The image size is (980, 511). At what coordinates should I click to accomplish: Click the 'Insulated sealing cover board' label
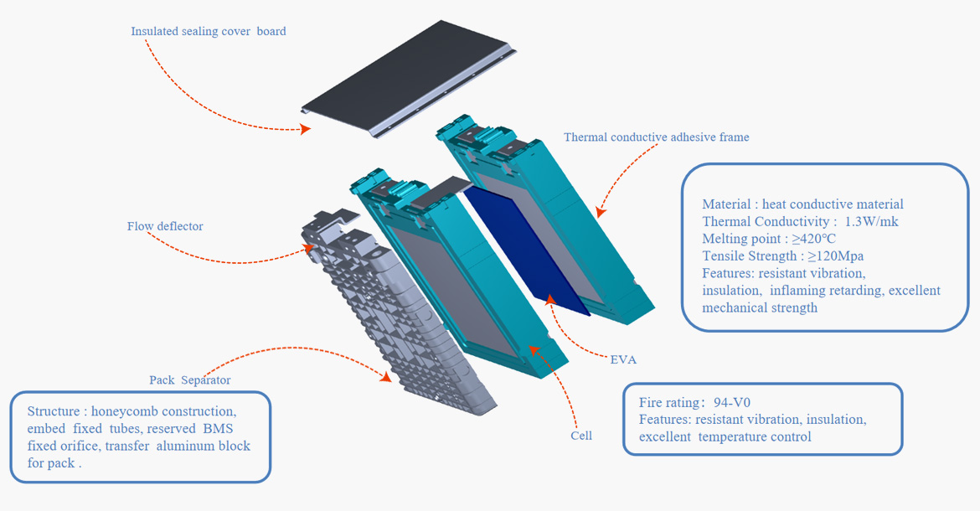[208, 32]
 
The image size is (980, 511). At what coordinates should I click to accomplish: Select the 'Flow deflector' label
[165, 226]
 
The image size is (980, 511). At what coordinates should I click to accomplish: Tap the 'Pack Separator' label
[189, 380]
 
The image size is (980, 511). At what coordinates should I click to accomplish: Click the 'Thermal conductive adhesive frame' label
[656, 137]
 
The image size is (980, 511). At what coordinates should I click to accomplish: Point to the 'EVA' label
[623, 360]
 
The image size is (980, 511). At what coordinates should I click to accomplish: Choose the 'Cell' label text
[581, 436]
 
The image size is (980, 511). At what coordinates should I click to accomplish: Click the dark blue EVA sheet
[528, 251]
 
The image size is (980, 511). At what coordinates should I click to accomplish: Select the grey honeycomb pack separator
[394, 327]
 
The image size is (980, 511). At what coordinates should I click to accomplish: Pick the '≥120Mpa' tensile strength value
[835, 256]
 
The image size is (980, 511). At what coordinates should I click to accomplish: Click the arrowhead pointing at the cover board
[306, 129]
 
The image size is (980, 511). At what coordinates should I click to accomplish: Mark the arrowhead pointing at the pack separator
[385, 377]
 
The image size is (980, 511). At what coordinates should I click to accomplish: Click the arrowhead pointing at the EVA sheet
[549, 298]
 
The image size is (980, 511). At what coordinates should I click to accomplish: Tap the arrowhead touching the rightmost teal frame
[600, 213]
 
